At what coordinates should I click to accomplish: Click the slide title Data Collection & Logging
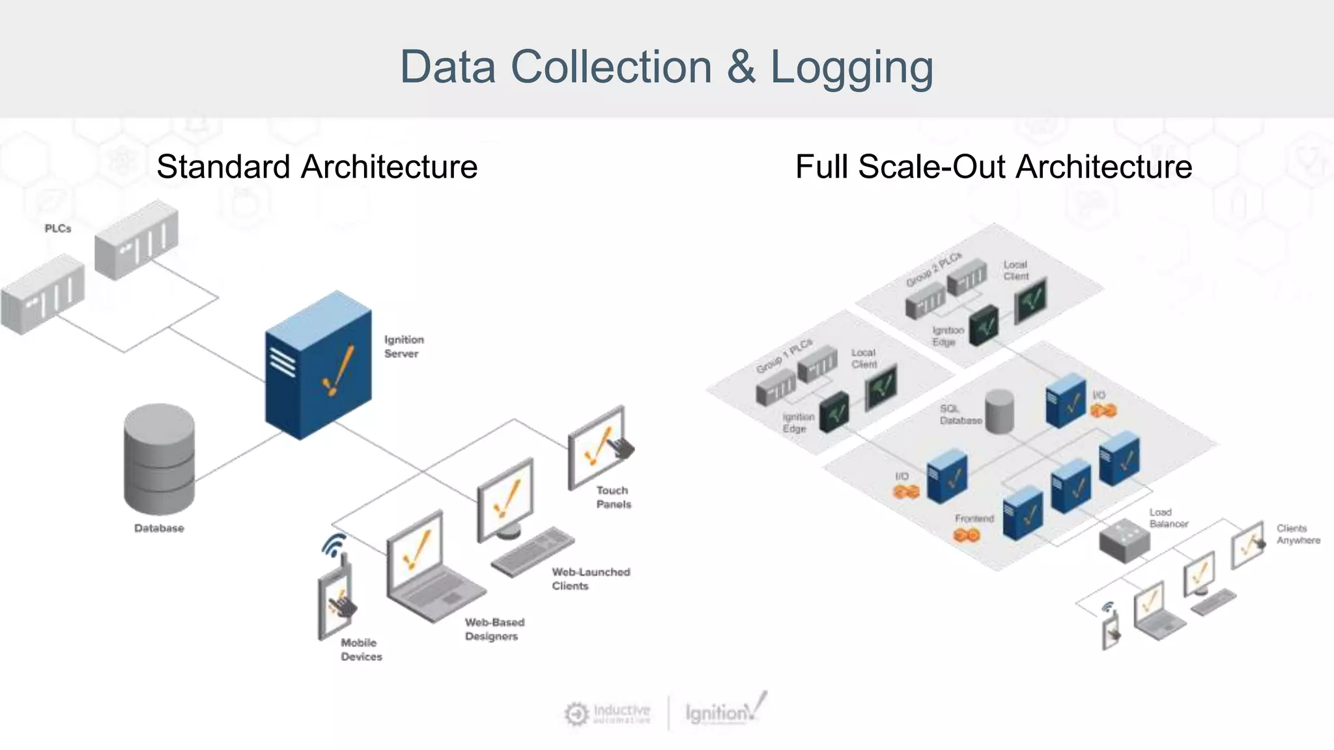click(666, 67)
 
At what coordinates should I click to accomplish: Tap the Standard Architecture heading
click(317, 167)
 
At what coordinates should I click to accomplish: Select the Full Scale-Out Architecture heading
click(993, 167)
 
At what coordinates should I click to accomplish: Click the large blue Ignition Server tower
click(318, 367)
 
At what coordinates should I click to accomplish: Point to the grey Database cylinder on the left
click(160, 459)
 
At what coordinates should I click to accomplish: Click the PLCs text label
click(58, 229)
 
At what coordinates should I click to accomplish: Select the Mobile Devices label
click(361, 650)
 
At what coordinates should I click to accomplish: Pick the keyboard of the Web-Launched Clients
click(533, 551)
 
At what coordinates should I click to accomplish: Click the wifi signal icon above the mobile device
click(334, 545)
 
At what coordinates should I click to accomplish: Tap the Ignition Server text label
click(403, 346)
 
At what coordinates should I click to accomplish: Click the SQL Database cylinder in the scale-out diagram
click(999, 411)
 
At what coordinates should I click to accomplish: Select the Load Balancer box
click(1124, 540)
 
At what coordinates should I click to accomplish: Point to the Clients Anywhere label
click(1298, 534)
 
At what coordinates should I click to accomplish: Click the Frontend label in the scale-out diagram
click(974, 518)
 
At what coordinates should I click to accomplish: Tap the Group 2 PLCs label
click(933, 268)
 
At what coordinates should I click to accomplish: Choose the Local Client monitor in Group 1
click(881, 387)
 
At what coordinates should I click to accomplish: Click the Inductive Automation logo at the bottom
click(608, 714)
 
